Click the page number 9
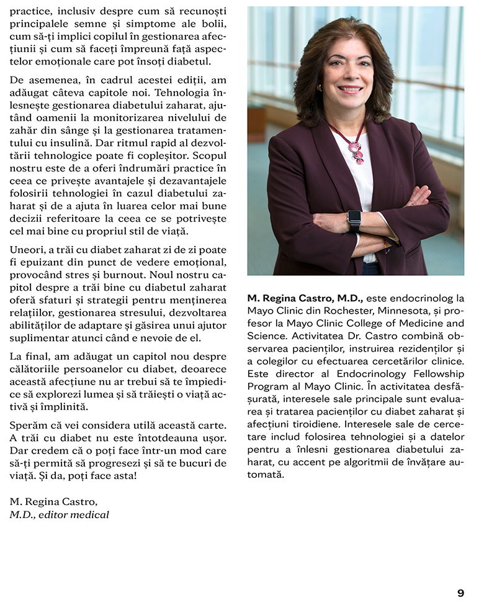(x=460, y=593)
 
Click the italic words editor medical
(x=74, y=514)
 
